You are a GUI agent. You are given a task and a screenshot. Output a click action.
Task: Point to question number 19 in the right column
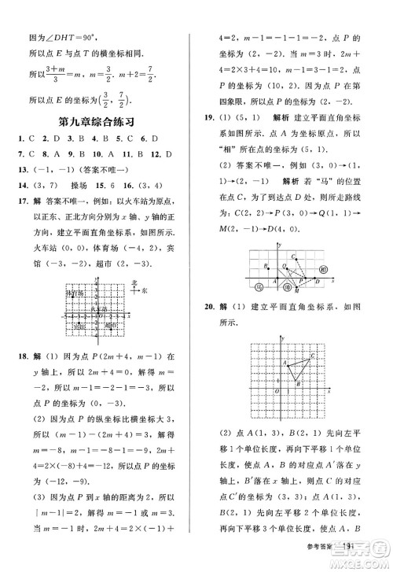pos(209,116)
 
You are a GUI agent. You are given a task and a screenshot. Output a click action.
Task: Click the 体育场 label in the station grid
pos(72,293)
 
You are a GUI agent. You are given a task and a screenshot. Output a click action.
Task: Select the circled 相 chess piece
pos(324,269)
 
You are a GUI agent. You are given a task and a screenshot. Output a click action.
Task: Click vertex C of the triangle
pos(314,356)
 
